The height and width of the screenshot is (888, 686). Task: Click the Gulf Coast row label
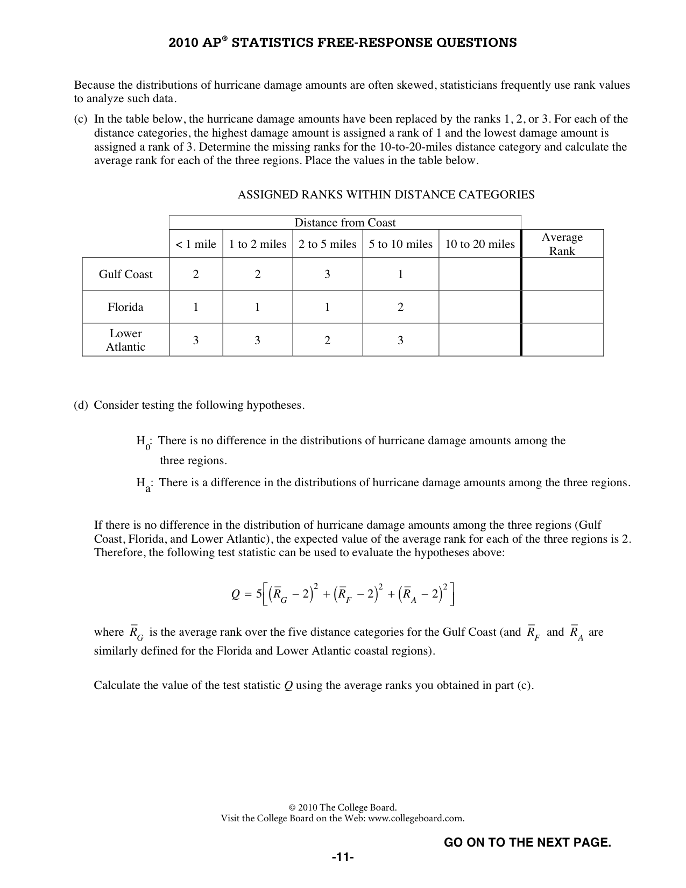[x=125, y=274]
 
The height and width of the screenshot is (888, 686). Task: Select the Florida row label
[x=125, y=307]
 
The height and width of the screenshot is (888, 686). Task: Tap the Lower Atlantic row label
[x=125, y=340]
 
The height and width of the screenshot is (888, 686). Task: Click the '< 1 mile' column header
[x=196, y=244]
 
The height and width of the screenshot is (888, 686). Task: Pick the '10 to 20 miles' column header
[x=480, y=244]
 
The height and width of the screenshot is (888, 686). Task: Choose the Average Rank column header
[x=562, y=244]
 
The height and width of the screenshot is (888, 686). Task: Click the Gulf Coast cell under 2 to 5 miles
[x=327, y=274]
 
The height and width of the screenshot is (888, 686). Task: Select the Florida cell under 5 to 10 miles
[x=400, y=307]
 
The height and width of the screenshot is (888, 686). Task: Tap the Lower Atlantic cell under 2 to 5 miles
[x=327, y=340]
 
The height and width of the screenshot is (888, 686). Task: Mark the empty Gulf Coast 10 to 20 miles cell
[x=480, y=274]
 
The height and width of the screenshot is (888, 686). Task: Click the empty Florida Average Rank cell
[x=562, y=307]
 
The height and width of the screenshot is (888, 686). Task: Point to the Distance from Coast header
[x=345, y=223]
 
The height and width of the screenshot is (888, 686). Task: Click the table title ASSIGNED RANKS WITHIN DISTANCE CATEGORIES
[x=386, y=195]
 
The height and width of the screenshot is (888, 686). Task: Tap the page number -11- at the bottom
[x=343, y=857]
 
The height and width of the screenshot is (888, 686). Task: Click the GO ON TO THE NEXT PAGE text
[x=527, y=842]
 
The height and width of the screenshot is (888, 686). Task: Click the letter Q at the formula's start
[x=235, y=594]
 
